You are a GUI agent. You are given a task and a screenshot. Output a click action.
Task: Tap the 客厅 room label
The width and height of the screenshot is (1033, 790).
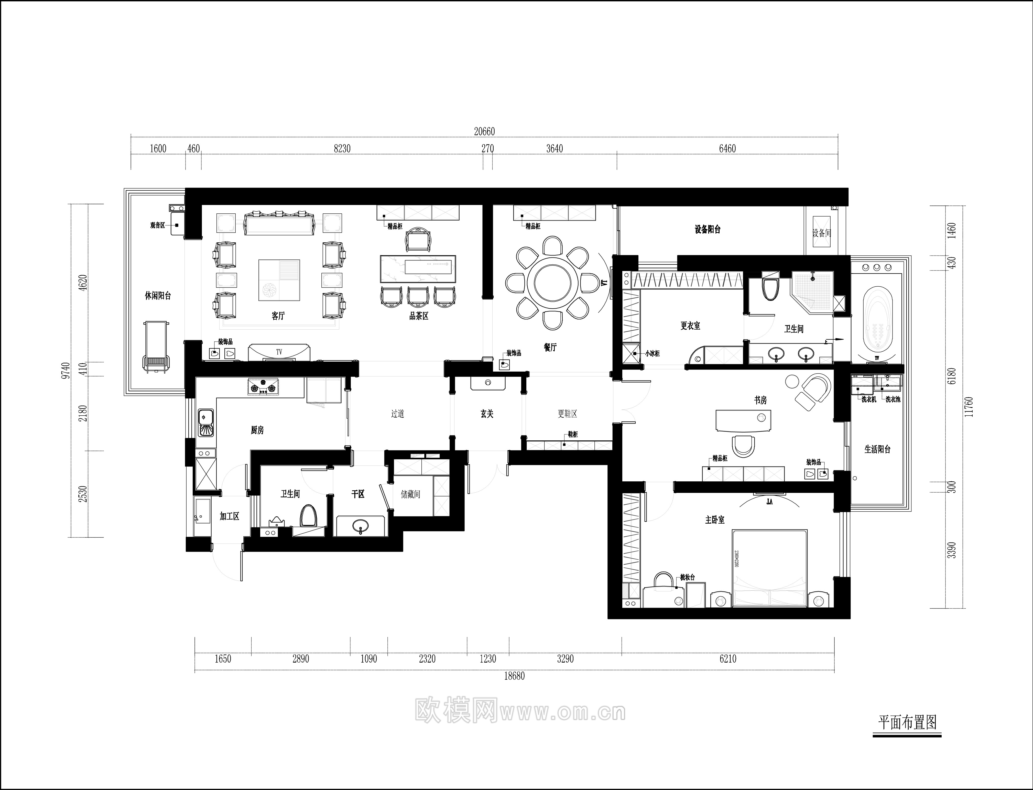tap(278, 316)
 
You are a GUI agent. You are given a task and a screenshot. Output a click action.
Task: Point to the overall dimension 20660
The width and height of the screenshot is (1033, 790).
tap(484, 132)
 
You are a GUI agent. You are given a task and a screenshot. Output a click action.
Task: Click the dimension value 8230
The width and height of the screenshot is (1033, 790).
tap(342, 149)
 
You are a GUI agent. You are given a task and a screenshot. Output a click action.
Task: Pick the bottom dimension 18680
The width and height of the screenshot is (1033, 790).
tap(514, 676)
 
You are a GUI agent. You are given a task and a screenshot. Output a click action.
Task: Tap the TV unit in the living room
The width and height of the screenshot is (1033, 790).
tap(279, 352)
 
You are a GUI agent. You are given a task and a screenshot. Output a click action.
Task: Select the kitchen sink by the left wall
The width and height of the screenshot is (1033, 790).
tap(206, 423)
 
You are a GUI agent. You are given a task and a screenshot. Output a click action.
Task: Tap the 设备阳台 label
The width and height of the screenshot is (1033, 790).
tap(707, 230)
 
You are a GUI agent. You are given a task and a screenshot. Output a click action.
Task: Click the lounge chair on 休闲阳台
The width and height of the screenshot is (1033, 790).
tap(156, 347)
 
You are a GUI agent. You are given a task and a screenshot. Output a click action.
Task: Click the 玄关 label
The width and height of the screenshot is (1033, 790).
tap(487, 414)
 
